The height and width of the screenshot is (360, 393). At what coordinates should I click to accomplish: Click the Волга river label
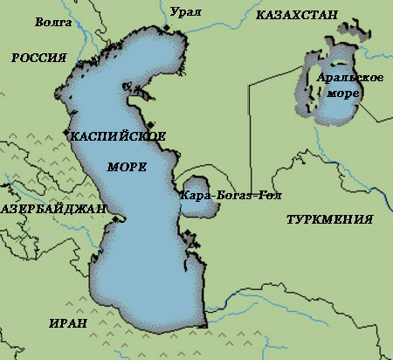(x=52, y=20)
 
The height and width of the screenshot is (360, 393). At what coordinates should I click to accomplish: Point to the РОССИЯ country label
(x=39, y=58)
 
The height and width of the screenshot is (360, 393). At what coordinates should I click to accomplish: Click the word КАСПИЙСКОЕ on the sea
(x=118, y=137)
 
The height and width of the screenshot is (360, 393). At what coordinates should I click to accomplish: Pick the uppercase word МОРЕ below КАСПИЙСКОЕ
(x=127, y=166)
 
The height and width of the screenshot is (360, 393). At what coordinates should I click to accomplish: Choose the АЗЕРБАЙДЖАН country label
(x=52, y=210)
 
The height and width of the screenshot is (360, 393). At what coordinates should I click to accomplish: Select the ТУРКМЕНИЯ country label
(x=330, y=219)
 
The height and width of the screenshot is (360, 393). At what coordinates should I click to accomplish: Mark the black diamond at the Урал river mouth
(x=166, y=31)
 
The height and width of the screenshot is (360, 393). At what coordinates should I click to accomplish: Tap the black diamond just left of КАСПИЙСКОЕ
(x=66, y=133)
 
